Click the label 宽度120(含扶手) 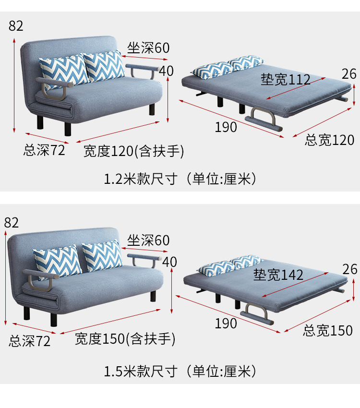[x=134, y=151]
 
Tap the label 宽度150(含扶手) [x=125, y=339]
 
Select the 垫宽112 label [x=286, y=79]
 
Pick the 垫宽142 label [x=278, y=275]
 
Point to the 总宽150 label [x=328, y=330]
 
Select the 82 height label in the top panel [x=16, y=26]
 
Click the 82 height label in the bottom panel [x=11, y=222]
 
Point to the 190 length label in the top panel [x=226, y=127]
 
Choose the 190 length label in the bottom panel [x=226, y=324]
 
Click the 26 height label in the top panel [x=349, y=73]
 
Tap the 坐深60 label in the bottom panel [x=148, y=240]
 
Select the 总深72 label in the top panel [x=44, y=150]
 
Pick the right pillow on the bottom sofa [x=102, y=255]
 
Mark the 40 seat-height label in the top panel [x=166, y=71]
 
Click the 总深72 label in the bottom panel [x=30, y=341]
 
